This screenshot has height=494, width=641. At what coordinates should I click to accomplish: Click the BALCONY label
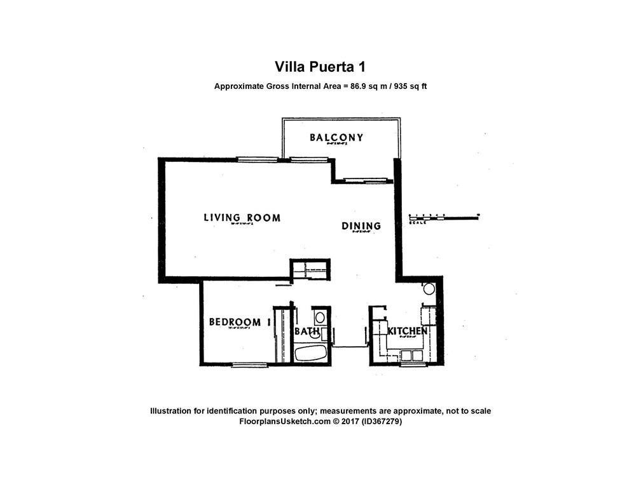(x=336, y=137)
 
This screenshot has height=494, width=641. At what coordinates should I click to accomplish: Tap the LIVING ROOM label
(x=242, y=218)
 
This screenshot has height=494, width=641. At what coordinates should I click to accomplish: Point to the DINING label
(x=361, y=225)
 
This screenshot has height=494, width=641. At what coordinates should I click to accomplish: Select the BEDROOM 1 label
(x=240, y=322)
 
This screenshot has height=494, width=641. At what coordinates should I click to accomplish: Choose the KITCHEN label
(x=407, y=331)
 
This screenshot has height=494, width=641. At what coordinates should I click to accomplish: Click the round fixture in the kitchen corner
(x=429, y=289)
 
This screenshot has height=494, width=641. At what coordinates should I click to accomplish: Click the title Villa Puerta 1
(x=320, y=67)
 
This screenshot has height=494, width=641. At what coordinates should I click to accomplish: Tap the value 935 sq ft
(x=407, y=86)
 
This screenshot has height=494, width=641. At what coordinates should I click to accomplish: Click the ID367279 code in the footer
(x=381, y=421)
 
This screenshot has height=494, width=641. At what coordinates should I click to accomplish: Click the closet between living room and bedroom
(x=310, y=269)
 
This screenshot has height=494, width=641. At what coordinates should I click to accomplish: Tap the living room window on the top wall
(x=258, y=159)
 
